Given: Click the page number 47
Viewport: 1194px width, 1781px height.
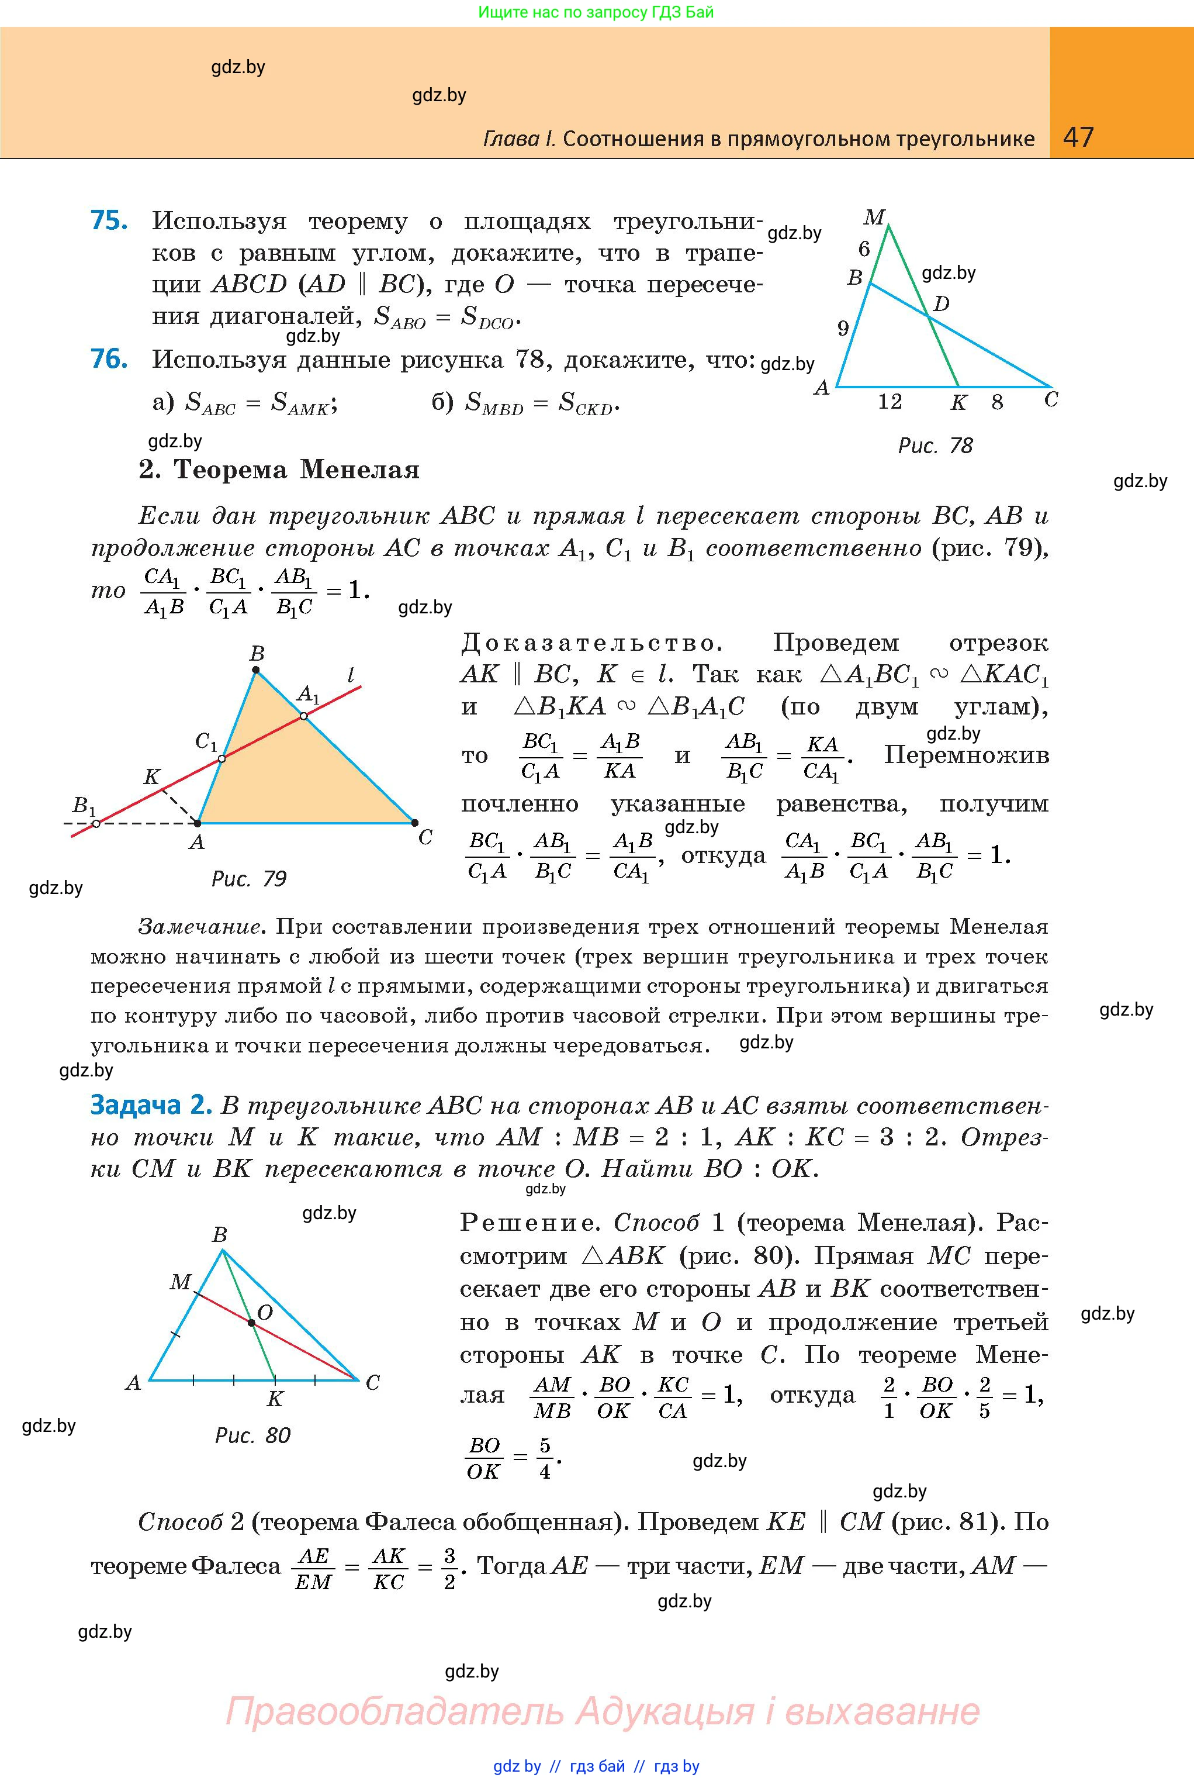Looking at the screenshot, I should (x=1078, y=137).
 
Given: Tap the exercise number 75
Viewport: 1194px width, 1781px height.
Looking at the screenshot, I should (x=109, y=220).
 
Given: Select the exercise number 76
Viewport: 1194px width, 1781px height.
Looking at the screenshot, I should (x=109, y=359).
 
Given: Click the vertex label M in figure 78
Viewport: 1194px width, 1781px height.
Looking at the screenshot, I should (x=873, y=218).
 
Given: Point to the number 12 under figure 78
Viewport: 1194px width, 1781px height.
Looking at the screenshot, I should (x=890, y=402).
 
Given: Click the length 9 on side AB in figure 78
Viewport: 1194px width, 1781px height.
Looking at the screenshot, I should (x=843, y=329).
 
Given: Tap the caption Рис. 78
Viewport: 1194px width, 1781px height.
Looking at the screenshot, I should (x=935, y=446).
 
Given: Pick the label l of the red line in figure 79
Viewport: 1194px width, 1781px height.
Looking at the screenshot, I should (x=350, y=675).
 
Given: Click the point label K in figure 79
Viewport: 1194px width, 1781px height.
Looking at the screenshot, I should (x=151, y=777).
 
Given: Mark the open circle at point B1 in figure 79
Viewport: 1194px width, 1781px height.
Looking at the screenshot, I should (x=96, y=823).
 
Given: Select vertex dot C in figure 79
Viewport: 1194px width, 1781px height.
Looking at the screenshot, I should (x=414, y=823).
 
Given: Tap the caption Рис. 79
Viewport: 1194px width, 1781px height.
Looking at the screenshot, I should (x=249, y=879).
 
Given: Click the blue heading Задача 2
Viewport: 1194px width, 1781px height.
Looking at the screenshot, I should (x=150, y=1105).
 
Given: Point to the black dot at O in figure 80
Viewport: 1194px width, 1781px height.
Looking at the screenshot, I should (x=251, y=1323).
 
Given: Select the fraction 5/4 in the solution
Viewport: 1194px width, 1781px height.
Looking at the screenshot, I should (x=545, y=1458).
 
